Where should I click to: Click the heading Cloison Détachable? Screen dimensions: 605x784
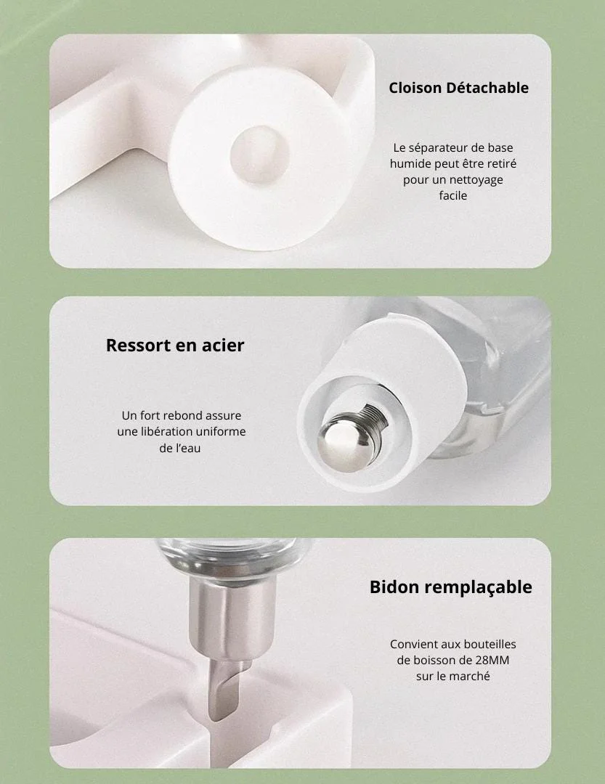coord(458,88)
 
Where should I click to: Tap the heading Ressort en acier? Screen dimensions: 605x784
coord(175,345)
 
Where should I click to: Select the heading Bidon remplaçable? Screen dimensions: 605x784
coord(450,587)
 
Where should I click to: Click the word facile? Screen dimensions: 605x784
coord(453,195)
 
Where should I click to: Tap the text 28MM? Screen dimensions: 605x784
coord(492,661)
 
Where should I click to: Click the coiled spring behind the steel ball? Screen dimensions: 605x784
coord(376,415)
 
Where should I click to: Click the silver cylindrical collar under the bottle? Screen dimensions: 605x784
coord(232,614)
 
